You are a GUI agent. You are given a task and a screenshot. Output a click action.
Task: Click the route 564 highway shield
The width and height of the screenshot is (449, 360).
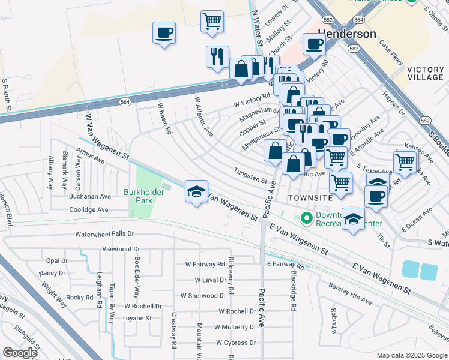pos(124,103)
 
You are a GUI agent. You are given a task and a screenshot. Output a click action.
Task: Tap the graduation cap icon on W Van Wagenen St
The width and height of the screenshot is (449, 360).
pos(196,191)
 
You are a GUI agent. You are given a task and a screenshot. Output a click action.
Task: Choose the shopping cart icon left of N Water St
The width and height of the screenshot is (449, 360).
pos(212,21)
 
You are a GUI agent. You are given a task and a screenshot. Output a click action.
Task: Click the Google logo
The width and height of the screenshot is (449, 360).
pos(20,353)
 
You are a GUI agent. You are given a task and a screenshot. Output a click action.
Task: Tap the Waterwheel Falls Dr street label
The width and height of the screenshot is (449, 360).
pos(104,234)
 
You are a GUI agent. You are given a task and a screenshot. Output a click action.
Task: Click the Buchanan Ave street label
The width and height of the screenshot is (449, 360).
pos(89,196)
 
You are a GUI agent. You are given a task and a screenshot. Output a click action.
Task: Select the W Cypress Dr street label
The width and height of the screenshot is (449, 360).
pos(237,343)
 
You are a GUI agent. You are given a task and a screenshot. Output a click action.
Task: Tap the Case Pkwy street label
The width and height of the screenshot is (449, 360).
pos(390,49)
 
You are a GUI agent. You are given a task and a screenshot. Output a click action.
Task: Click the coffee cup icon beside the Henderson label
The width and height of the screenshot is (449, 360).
pos(315,43)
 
